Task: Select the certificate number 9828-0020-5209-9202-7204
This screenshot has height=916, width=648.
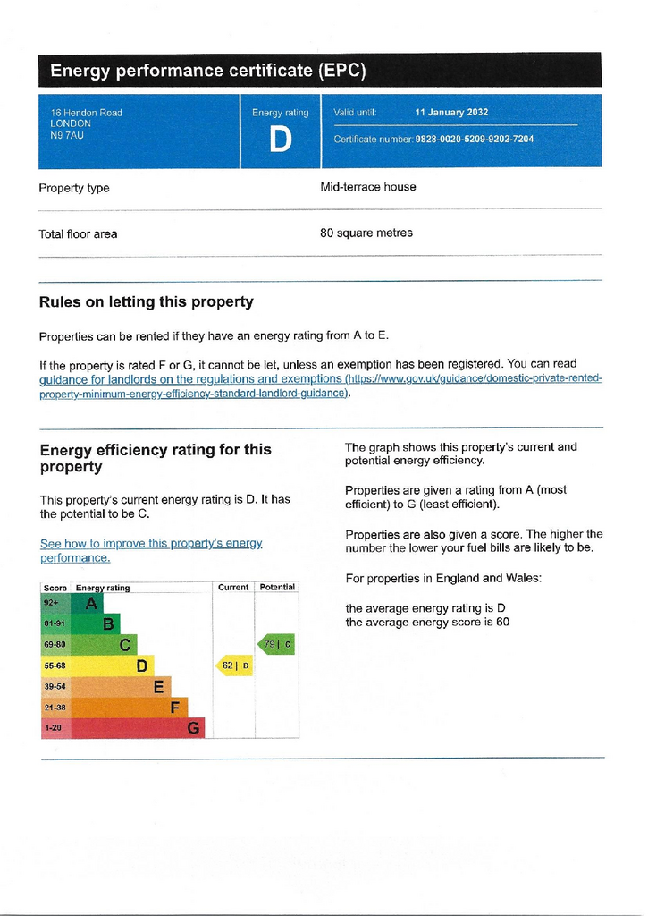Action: (474, 140)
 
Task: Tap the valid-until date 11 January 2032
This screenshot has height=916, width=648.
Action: (451, 113)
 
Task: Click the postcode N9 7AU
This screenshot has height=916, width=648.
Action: (67, 136)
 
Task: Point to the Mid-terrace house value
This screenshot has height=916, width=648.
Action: (368, 187)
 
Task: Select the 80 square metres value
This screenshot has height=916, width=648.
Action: (366, 233)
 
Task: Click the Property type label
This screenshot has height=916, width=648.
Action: (74, 188)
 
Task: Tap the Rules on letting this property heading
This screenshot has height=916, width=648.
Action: (147, 302)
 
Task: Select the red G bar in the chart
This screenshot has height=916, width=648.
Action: (138, 728)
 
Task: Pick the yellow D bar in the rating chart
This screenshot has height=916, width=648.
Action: (112, 666)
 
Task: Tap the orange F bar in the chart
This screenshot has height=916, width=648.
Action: (129, 708)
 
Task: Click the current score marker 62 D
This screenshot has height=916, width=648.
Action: (235, 666)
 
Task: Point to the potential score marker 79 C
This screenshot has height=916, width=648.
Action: (276, 644)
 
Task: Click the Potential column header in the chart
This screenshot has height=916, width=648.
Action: (277, 587)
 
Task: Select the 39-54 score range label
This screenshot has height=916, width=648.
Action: (55, 686)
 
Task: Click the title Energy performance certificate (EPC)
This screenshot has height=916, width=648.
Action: (208, 70)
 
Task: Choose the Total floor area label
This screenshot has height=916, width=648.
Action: (78, 233)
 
